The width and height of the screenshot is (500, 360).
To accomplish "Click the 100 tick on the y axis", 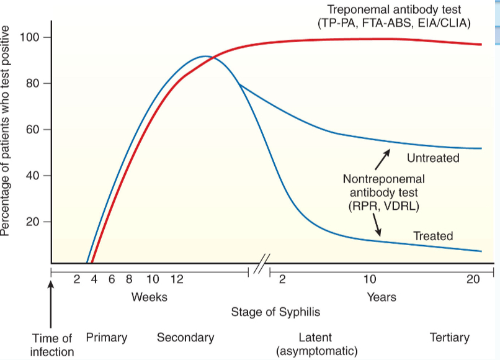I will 30,37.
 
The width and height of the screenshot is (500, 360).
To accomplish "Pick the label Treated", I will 433,236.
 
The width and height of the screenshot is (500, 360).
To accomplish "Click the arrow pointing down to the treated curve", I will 377,228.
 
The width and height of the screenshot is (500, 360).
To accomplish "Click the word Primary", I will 107,338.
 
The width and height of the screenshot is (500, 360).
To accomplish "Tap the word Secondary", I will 185,338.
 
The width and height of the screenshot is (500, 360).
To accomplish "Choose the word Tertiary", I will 450,338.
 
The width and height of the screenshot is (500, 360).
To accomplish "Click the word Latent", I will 315,338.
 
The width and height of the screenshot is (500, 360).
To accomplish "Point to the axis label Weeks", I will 150,297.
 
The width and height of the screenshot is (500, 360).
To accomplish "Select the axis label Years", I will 382,297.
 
